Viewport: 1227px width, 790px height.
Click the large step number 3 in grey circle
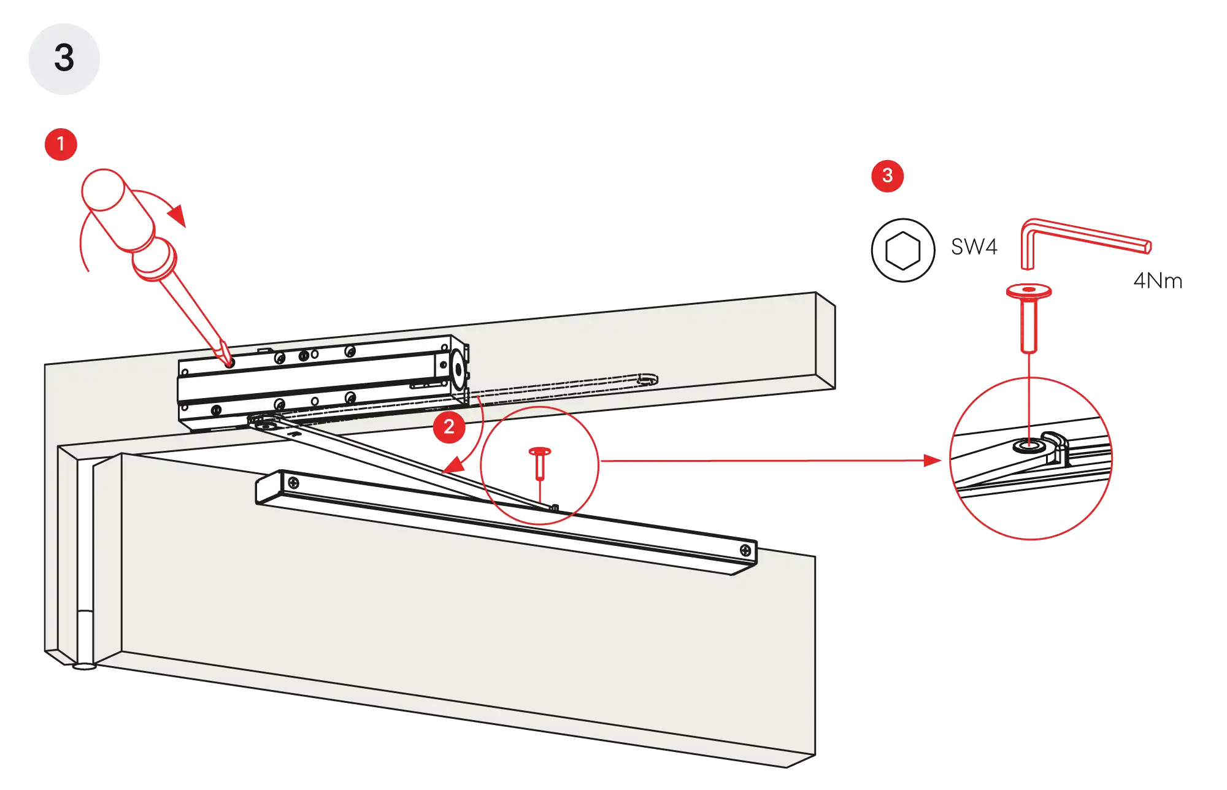pos(64,58)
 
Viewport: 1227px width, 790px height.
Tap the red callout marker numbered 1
pos(61,145)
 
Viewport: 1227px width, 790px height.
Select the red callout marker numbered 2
pos(449,427)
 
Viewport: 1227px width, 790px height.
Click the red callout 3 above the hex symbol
pos(887,176)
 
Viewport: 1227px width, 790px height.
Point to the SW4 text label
pos(974,247)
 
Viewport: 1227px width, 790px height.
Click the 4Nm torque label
pos(1158,280)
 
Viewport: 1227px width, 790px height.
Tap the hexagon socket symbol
pos(902,250)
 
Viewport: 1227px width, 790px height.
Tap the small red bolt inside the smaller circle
pos(540,464)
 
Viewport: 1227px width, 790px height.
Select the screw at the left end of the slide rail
pos(294,483)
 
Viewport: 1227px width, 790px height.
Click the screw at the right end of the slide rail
pos(745,550)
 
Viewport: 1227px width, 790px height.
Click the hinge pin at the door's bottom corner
pos(85,665)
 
